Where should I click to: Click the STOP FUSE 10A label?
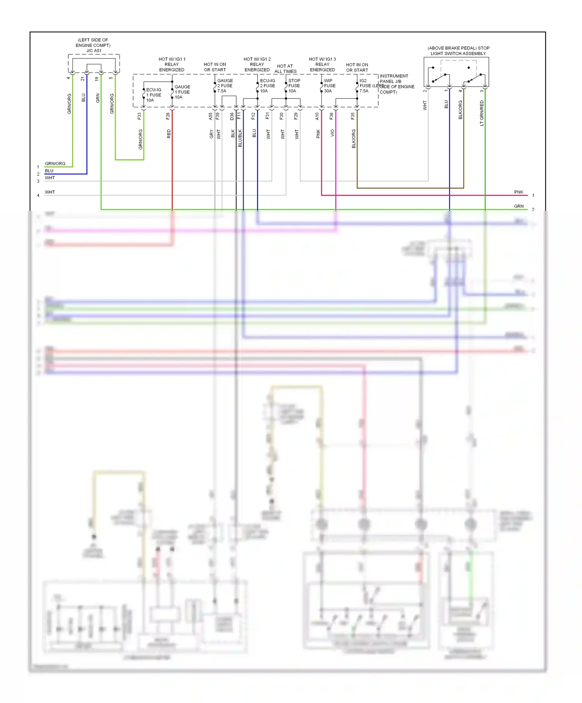point(294,86)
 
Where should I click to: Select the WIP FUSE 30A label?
point(329,86)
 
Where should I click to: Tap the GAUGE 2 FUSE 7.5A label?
point(225,86)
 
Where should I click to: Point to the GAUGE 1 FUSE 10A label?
point(182,92)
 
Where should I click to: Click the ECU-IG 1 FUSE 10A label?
point(153,95)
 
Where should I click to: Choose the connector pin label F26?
point(168,116)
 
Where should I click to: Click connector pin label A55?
point(211,116)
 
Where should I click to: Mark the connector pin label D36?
point(232,116)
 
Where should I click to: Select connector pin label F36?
point(331,116)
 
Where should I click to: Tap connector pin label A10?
point(317,116)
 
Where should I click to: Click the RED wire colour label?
point(169,134)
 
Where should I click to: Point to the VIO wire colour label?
point(333,133)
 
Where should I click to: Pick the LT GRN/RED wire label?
point(482,113)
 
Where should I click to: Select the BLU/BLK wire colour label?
point(240,138)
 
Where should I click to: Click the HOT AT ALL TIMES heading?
point(285,69)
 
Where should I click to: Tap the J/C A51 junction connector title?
point(94,51)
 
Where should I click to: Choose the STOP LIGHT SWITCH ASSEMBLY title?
point(458,51)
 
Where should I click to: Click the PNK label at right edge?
point(518,192)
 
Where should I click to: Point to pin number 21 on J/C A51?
point(83,79)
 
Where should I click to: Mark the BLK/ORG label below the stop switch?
point(461,110)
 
